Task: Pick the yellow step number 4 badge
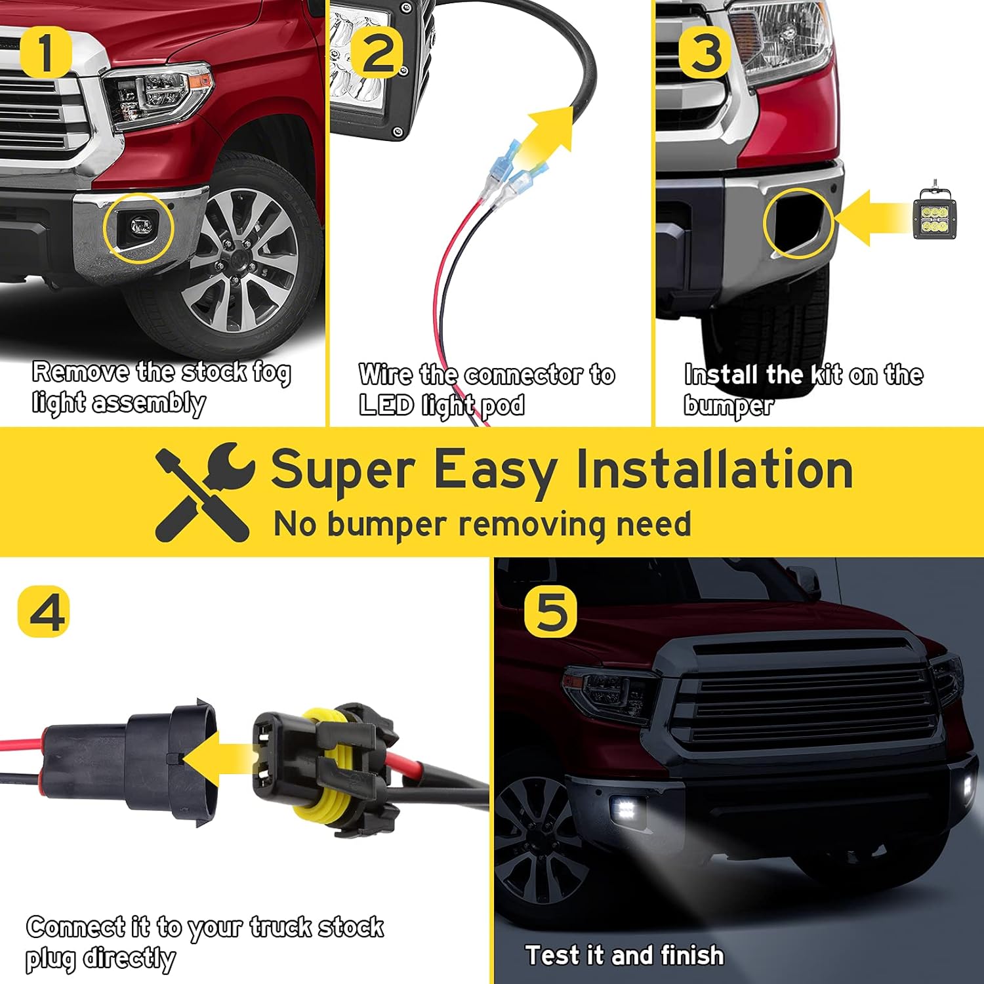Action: click(x=43, y=611)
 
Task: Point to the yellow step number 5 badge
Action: click(x=550, y=611)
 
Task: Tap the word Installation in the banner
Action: click(x=714, y=469)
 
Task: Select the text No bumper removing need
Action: click(x=482, y=525)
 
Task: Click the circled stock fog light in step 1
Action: click(x=139, y=228)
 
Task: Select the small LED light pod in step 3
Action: click(x=934, y=213)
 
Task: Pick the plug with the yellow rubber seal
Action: click(x=321, y=768)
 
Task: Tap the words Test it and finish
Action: click(x=625, y=954)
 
